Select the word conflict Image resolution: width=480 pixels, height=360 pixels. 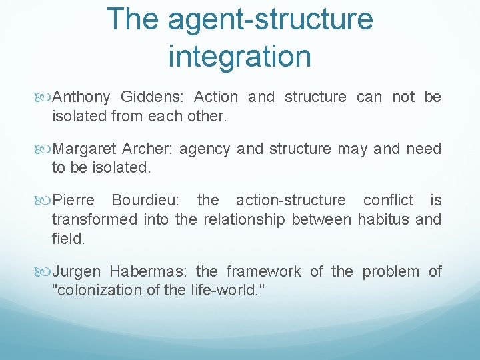388,200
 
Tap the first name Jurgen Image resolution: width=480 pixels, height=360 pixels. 76,271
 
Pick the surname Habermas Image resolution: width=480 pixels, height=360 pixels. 147,271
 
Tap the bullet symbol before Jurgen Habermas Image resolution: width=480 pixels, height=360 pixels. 45,272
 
